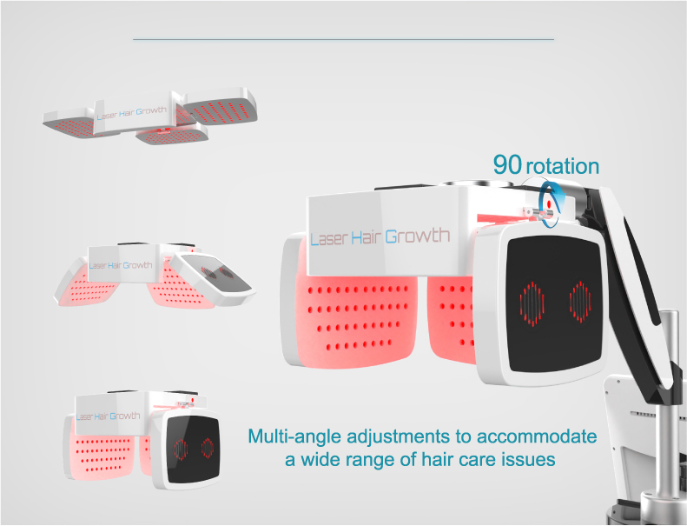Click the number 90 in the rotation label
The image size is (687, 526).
507,164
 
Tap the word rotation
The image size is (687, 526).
562,166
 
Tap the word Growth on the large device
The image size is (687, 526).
418,236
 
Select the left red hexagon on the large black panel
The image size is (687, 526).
532,303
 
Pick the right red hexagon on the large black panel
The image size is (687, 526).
580,302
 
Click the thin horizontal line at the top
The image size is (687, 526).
344,39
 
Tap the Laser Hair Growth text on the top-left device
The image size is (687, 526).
131,113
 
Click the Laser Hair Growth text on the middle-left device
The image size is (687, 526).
121,265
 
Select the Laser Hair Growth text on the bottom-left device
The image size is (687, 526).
109,416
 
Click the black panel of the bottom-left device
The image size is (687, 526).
193,449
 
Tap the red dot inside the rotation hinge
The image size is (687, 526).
549,204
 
